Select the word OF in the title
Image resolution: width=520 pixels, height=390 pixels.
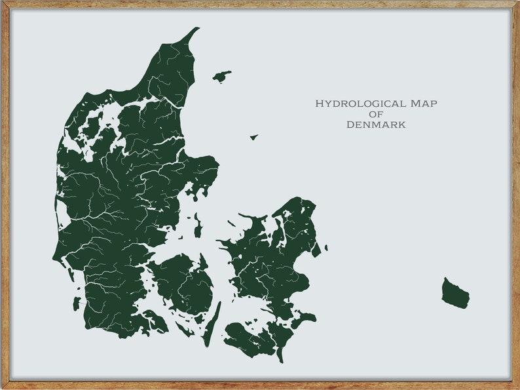tap(376, 114)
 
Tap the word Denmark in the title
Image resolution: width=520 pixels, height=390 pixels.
tap(376, 125)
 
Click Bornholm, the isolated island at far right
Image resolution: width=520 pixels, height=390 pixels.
tap(455, 294)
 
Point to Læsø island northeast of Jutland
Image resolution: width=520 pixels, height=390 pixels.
tap(221, 77)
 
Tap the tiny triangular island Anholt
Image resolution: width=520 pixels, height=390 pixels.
tap(253, 137)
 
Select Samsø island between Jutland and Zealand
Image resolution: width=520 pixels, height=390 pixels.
tap(197, 227)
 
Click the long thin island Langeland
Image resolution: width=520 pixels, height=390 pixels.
tap(212, 325)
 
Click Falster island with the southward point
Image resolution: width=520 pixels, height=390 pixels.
tap(280, 338)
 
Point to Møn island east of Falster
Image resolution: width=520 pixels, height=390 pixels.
tap(305, 319)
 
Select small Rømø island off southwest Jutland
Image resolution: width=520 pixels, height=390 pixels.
tap(77, 303)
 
